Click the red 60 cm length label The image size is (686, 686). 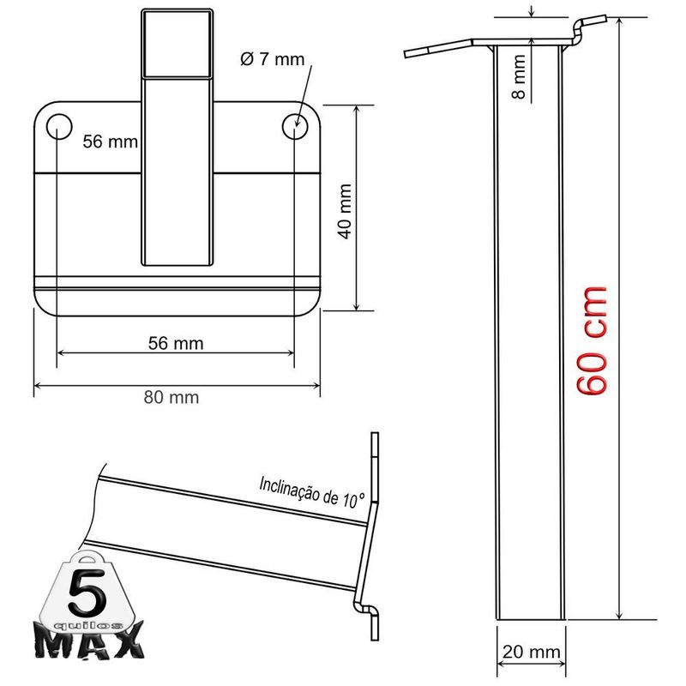pyautogui.click(x=592, y=340)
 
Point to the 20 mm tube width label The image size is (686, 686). pyautogui.click(x=529, y=653)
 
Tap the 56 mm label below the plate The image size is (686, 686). pyautogui.click(x=176, y=343)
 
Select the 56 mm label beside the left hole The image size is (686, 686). pyautogui.click(x=110, y=141)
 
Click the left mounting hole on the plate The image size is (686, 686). pyautogui.click(x=59, y=126)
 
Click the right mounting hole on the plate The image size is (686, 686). pyautogui.click(x=295, y=126)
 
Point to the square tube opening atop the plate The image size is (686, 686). pyautogui.click(x=177, y=43)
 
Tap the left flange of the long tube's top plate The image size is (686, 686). pyautogui.click(x=437, y=48)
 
